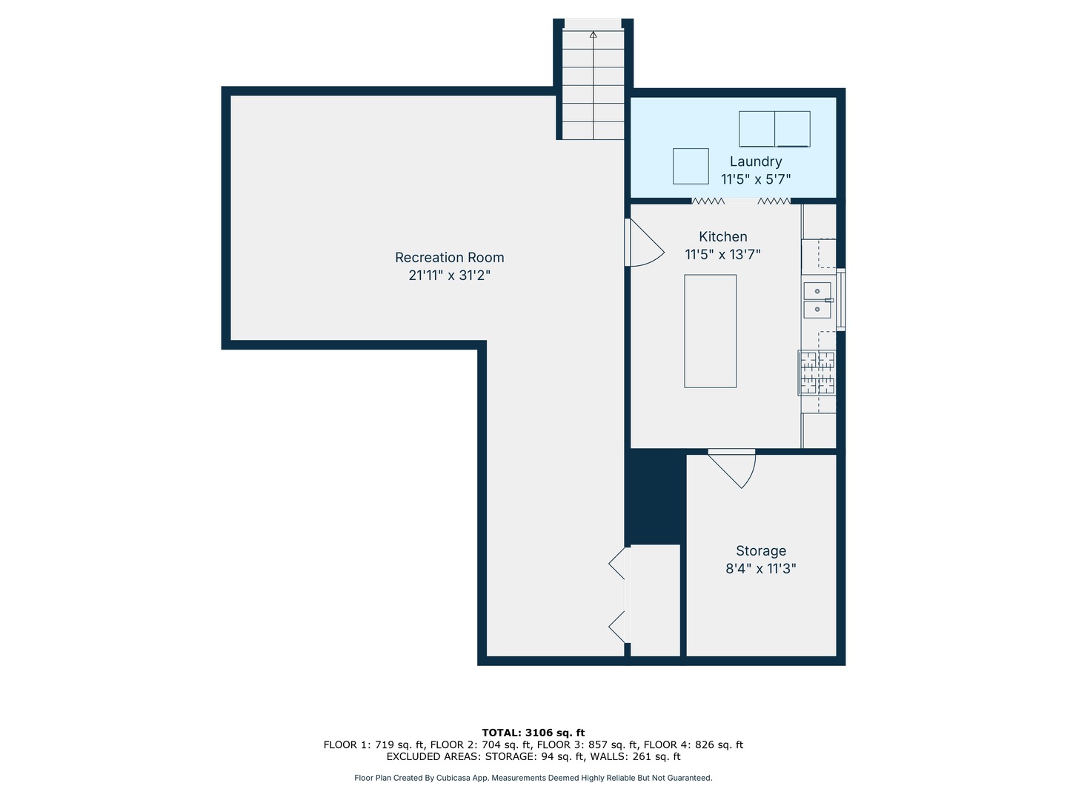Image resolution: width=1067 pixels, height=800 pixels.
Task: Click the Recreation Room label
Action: [449, 258]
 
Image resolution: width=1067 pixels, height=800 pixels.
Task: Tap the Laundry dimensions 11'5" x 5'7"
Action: [755, 179]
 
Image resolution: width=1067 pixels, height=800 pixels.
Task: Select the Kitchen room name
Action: [723, 236]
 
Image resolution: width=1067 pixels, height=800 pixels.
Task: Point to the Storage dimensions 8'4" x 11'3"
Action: [761, 568]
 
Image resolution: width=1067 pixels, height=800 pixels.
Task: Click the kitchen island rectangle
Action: [710, 331]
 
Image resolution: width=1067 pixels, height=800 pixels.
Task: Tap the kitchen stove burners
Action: [817, 373]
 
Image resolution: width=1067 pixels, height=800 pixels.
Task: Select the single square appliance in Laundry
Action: [691, 166]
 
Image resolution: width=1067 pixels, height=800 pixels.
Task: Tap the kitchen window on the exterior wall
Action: [841, 299]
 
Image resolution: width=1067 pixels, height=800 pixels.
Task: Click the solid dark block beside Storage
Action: [655, 496]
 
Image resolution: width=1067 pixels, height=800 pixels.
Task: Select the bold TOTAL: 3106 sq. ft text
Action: [533, 733]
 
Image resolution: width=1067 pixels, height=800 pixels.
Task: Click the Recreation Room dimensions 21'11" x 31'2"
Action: [449, 276]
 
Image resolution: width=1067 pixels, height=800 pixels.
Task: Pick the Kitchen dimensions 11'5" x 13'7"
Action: [722, 255]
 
